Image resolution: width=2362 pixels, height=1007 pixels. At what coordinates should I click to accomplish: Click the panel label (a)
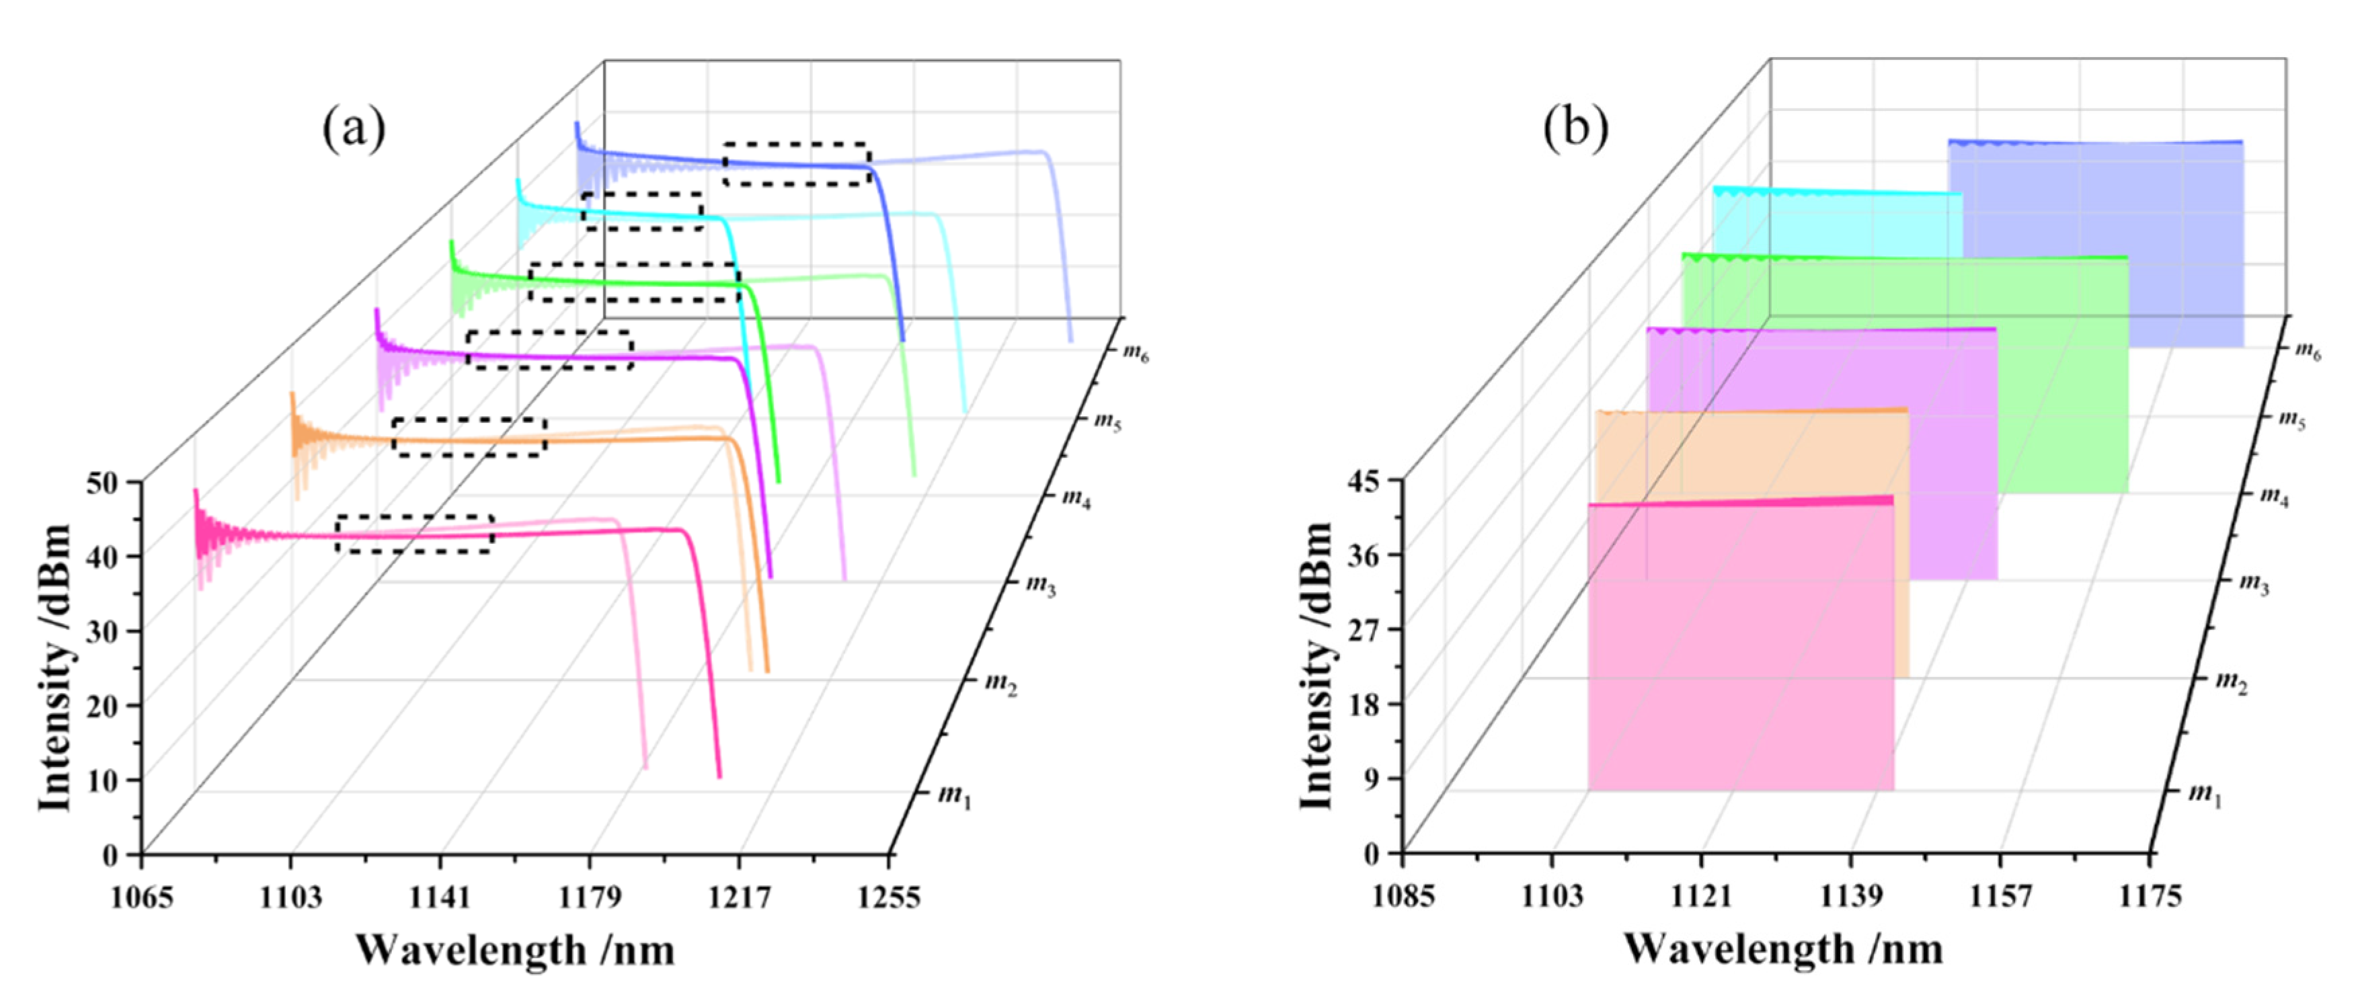tap(354, 129)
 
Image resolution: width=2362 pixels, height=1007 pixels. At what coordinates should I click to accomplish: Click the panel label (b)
tap(1575, 128)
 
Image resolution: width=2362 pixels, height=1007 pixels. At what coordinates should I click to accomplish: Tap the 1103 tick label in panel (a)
tap(290, 897)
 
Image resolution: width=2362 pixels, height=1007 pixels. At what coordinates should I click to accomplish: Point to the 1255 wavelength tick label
tap(888, 897)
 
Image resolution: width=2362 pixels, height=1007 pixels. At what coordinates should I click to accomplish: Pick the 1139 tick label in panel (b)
tap(1850, 896)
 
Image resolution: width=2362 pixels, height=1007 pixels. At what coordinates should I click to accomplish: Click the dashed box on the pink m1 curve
tap(414, 534)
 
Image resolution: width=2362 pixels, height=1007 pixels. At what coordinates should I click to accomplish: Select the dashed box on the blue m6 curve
tap(796, 164)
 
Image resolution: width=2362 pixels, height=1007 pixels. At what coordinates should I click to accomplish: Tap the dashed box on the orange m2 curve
tap(469, 436)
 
